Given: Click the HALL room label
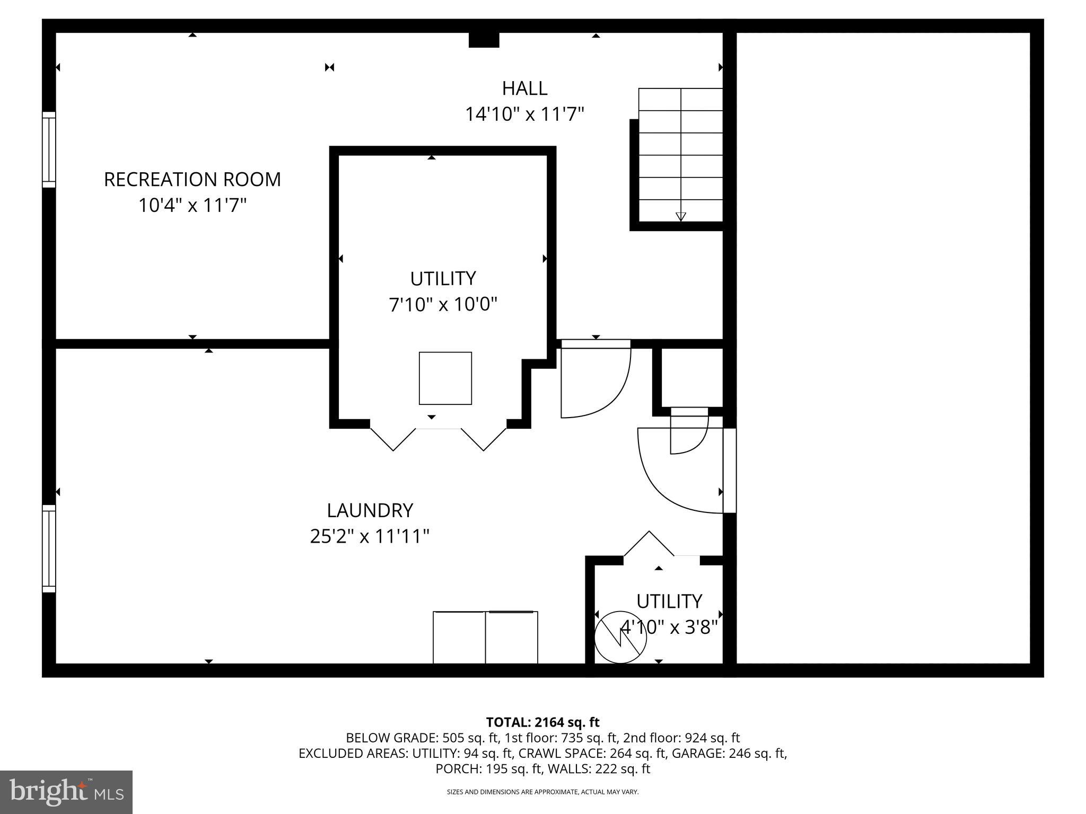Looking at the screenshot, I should pyautogui.click(x=524, y=89).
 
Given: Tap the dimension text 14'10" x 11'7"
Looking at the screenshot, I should pyautogui.click(x=524, y=114).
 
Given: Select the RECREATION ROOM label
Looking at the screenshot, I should pyautogui.click(x=192, y=180).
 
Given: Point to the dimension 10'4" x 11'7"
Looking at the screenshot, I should pyautogui.click(x=192, y=206).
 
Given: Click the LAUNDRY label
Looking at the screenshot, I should pyautogui.click(x=370, y=510).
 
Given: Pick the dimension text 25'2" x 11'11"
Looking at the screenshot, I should pyautogui.click(x=370, y=537).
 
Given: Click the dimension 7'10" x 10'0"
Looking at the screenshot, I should pyautogui.click(x=443, y=305).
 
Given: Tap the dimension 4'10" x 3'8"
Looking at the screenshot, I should pyautogui.click(x=669, y=627).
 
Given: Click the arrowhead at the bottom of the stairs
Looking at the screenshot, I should pyautogui.click(x=680, y=216).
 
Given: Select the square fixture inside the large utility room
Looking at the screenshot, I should pyautogui.click(x=445, y=378).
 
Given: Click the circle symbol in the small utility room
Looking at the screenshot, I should pyautogui.click(x=620, y=637).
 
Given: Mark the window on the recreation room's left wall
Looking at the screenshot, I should pyautogui.click(x=49, y=149).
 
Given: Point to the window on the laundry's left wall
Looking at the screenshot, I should pyautogui.click(x=49, y=548).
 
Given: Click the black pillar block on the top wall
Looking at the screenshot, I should pyautogui.click(x=484, y=40).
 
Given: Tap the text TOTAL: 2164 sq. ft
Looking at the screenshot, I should pyautogui.click(x=542, y=722).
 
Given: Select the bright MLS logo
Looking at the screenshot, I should pyautogui.click(x=66, y=792).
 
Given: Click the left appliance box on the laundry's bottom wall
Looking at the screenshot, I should pyautogui.click(x=459, y=638).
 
